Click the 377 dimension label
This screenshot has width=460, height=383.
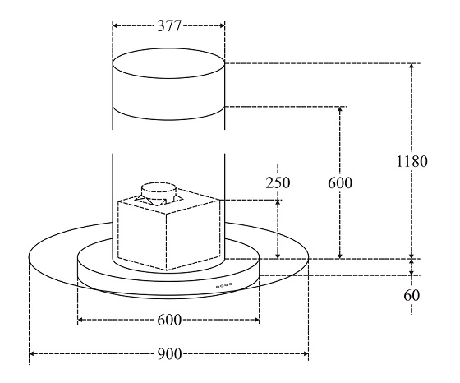(169, 25)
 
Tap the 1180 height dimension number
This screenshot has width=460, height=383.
(412, 161)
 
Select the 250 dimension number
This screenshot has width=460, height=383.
(278, 182)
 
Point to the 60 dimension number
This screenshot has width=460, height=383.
(412, 295)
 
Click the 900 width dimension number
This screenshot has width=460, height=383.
(170, 354)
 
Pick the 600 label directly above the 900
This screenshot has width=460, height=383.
(169, 320)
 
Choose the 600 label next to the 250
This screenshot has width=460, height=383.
(340, 182)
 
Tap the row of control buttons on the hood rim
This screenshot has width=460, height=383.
(224, 285)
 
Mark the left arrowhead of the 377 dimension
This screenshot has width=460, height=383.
(115, 25)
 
